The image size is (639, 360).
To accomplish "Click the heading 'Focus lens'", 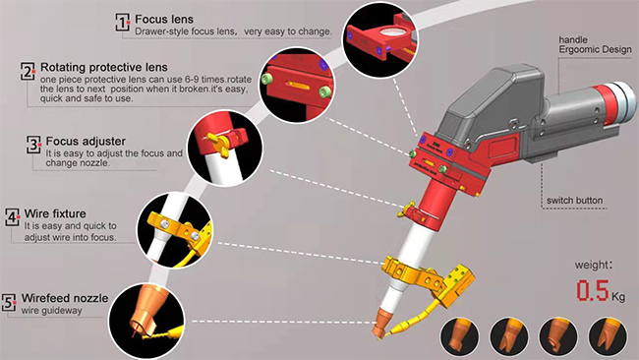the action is pos(164,19).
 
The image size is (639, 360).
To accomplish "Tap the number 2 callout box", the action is pos(28,71).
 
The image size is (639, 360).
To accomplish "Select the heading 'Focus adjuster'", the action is pos(86,142).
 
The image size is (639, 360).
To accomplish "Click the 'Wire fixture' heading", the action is pos(55,213).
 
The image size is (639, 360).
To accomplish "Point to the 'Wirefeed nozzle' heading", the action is pos(65,298).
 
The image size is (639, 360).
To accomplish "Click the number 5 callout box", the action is pos(9,303).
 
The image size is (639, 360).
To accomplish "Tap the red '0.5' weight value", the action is pos(593,290).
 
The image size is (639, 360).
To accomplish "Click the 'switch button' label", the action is pos(575,201).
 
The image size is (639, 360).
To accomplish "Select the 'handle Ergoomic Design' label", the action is pos(595,45).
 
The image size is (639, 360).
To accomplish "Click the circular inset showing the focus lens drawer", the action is pos(379,40).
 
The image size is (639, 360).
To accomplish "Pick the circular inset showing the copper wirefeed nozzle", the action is pos(146,322).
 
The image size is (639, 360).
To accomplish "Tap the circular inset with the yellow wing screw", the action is pos(225,149).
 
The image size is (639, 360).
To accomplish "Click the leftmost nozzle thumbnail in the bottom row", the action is pos(459,337).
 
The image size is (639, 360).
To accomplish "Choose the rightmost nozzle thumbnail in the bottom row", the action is pos(608,337).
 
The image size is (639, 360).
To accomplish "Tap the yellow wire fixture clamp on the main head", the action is pos(428,275).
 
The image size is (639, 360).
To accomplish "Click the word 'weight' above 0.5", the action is pos(593,266).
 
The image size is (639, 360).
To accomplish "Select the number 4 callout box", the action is pos(12,217).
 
